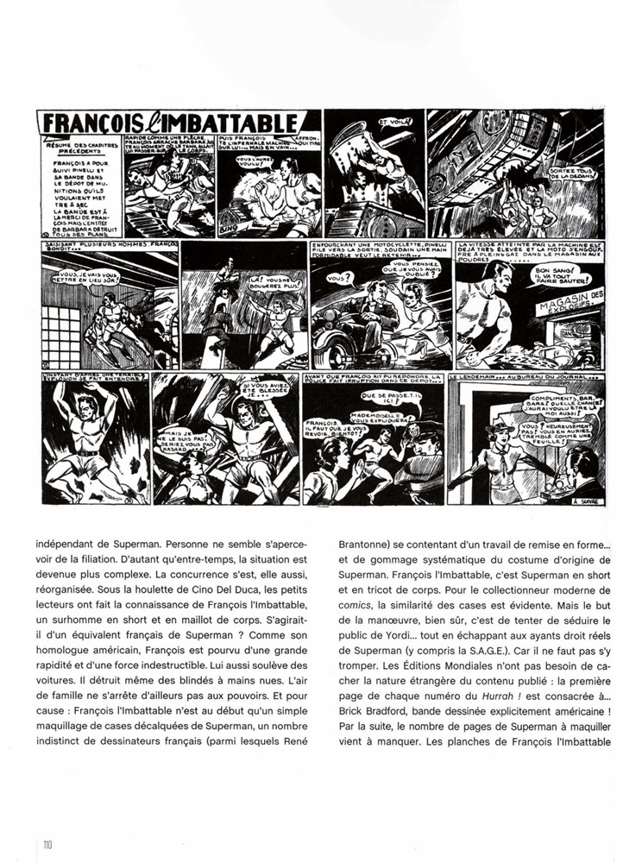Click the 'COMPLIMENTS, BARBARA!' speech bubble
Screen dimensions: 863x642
click(561, 399)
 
